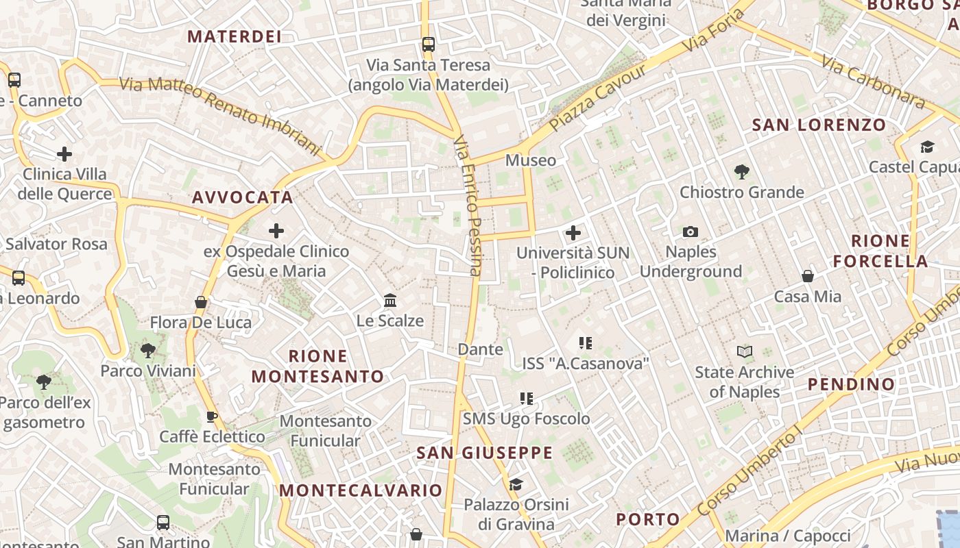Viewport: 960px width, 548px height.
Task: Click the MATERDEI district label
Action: coord(235,36)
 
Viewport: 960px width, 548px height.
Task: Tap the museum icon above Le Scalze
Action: coord(390,300)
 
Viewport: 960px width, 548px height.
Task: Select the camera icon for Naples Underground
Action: coord(691,232)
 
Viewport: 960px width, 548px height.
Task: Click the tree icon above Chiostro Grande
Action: coord(741,171)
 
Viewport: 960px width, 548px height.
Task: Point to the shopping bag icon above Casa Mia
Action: coord(808,276)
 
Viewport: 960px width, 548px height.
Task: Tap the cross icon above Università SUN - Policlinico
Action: coord(573,233)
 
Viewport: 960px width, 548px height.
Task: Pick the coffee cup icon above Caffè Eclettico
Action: coord(212,416)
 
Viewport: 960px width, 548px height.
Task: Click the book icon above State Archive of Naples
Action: coord(744,352)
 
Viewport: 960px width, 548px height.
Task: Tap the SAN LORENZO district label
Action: coord(819,125)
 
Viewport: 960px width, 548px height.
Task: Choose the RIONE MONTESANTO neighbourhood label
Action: coord(317,366)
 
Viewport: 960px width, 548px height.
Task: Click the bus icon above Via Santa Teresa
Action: coord(429,45)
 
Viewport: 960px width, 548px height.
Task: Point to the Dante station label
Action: coord(480,349)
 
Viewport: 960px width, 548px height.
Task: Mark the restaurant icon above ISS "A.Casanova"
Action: coord(585,342)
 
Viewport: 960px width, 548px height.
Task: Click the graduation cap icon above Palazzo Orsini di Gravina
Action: coord(516,484)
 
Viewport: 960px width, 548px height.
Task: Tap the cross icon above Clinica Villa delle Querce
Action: coord(64,153)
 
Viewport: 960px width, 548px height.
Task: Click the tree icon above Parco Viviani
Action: coord(147,351)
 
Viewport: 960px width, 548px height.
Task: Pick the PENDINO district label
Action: coord(851,384)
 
